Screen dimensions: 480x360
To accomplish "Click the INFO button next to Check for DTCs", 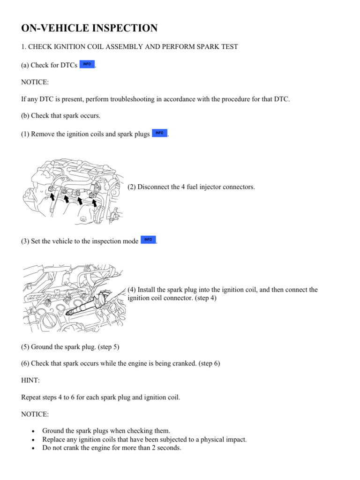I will [x=87, y=64].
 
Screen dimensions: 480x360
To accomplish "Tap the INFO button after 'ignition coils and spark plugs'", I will [x=159, y=134].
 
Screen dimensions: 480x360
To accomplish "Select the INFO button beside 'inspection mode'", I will [x=148, y=240].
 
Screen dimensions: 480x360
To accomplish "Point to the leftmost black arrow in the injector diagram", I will [x=53, y=197].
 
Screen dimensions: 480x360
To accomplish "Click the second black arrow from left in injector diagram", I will [x=67, y=199].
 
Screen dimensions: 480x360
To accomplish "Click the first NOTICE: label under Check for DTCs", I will [x=35, y=82].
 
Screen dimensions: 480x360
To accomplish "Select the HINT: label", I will [x=31, y=380].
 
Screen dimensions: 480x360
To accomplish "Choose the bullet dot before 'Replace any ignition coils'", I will [x=32, y=440].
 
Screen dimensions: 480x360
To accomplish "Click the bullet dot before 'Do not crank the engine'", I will [x=32, y=448].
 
